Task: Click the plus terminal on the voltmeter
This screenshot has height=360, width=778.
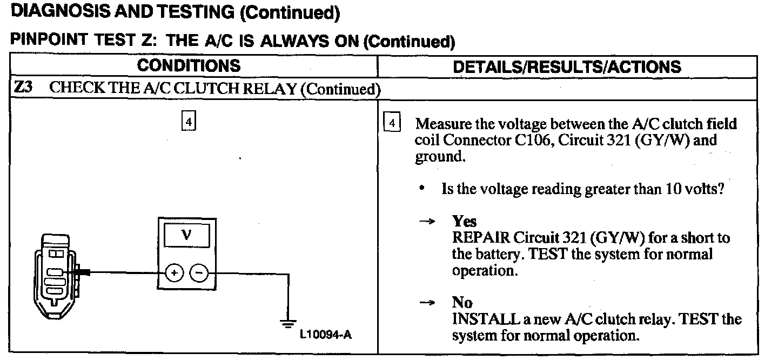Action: [174, 274]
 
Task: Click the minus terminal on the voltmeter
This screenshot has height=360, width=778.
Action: [199, 274]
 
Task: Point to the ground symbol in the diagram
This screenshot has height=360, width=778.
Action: [286, 323]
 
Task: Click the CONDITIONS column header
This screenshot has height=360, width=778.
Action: [189, 66]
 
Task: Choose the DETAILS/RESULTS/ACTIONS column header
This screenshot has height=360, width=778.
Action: [567, 66]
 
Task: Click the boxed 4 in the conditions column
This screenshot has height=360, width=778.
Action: [187, 122]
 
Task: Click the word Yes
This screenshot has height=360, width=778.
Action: [464, 222]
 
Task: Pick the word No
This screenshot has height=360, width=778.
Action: [462, 303]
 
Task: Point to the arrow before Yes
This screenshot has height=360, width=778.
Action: [428, 222]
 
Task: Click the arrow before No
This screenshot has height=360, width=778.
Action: [428, 303]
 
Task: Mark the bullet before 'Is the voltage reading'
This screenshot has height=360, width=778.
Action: [422, 190]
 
